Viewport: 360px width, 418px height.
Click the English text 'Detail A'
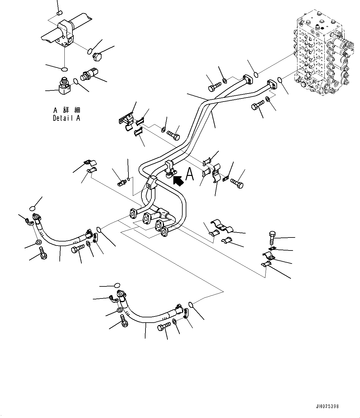tap(66, 118)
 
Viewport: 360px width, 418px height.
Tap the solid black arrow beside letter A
tap(178, 181)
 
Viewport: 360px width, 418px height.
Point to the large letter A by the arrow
tap(189, 175)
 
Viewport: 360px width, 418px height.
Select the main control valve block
tap(322, 56)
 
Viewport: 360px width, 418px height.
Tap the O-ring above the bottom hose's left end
tap(117, 285)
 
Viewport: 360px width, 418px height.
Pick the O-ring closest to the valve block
tap(280, 80)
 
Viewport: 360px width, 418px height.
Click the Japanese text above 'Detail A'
tap(66, 110)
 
